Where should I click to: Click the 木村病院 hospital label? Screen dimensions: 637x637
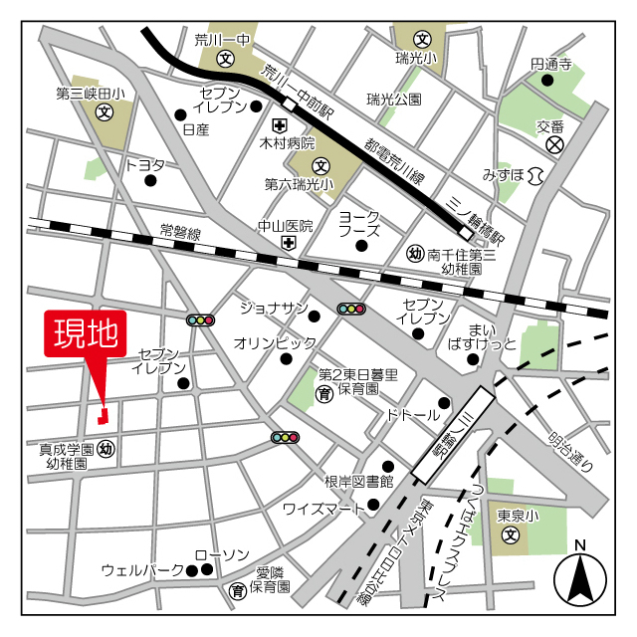[x=288, y=144]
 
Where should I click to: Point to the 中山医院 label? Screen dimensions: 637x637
[x=286, y=225]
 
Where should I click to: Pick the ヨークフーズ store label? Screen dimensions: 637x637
[x=359, y=223]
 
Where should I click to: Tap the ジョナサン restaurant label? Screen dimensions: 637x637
[x=274, y=308]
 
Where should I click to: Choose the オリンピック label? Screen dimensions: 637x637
[x=275, y=342]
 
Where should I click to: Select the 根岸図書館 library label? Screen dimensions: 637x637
[x=358, y=481]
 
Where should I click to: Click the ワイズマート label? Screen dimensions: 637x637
[x=323, y=508]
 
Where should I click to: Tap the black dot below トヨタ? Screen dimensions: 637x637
[x=151, y=181]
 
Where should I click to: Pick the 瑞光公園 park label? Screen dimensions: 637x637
[x=393, y=100]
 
